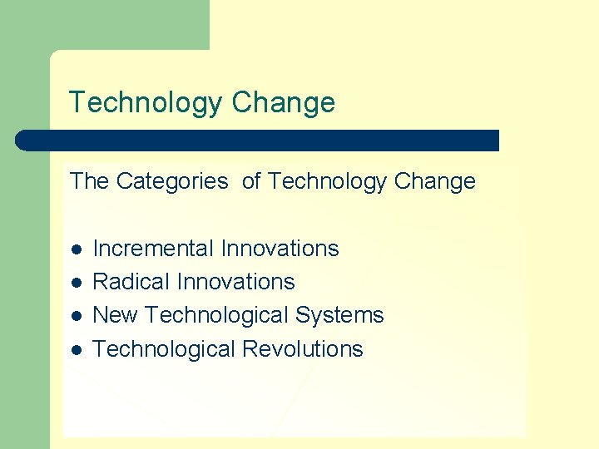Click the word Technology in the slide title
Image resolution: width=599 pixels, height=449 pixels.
pyautogui.click(x=146, y=103)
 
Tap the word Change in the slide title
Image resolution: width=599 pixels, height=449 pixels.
pyautogui.click(x=284, y=103)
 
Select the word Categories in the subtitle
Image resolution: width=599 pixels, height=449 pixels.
pyautogui.click(x=172, y=181)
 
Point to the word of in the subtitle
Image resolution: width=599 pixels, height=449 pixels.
pyautogui.click(x=252, y=181)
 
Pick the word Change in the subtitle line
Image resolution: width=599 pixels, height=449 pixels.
pyautogui.click(x=435, y=181)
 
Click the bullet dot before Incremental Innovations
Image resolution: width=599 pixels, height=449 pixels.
pyautogui.click(x=76, y=249)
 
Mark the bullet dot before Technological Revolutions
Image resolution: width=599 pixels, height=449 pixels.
pyautogui.click(x=76, y=350)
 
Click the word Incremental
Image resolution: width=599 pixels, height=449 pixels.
pyautogui.click(x=153, y=249)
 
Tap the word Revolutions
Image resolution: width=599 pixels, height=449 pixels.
pyautogui.click(x=303, y=349)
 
